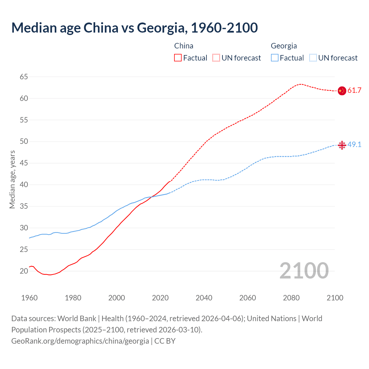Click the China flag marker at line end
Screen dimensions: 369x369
(342, 91)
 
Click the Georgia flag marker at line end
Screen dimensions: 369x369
(342, 145)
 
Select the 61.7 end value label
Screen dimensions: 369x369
(354, 91)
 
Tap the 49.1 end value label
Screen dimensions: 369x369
(354, 144)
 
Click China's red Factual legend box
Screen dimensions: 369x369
(178, 58)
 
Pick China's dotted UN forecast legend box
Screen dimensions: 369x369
(216, 58)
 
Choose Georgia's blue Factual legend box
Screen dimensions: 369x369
(275, 58)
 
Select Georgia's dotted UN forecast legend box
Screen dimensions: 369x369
(313, 58)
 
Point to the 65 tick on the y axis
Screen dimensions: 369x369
(24, 77)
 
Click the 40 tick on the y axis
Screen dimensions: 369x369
(24, 184)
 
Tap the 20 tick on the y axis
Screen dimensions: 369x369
(24, 271)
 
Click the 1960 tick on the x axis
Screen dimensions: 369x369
(29, 298)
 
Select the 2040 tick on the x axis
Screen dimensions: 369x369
(204, 298)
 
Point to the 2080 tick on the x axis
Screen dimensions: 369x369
(291, 298)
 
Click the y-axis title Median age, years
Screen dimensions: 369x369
(12, 179)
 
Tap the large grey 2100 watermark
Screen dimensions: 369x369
(304, 270)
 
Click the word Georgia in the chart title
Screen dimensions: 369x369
(160, 28)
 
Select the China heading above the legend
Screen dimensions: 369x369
(184, 46)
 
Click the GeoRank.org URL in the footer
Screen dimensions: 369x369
(80, 341)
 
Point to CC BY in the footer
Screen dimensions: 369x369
(165, 341)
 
